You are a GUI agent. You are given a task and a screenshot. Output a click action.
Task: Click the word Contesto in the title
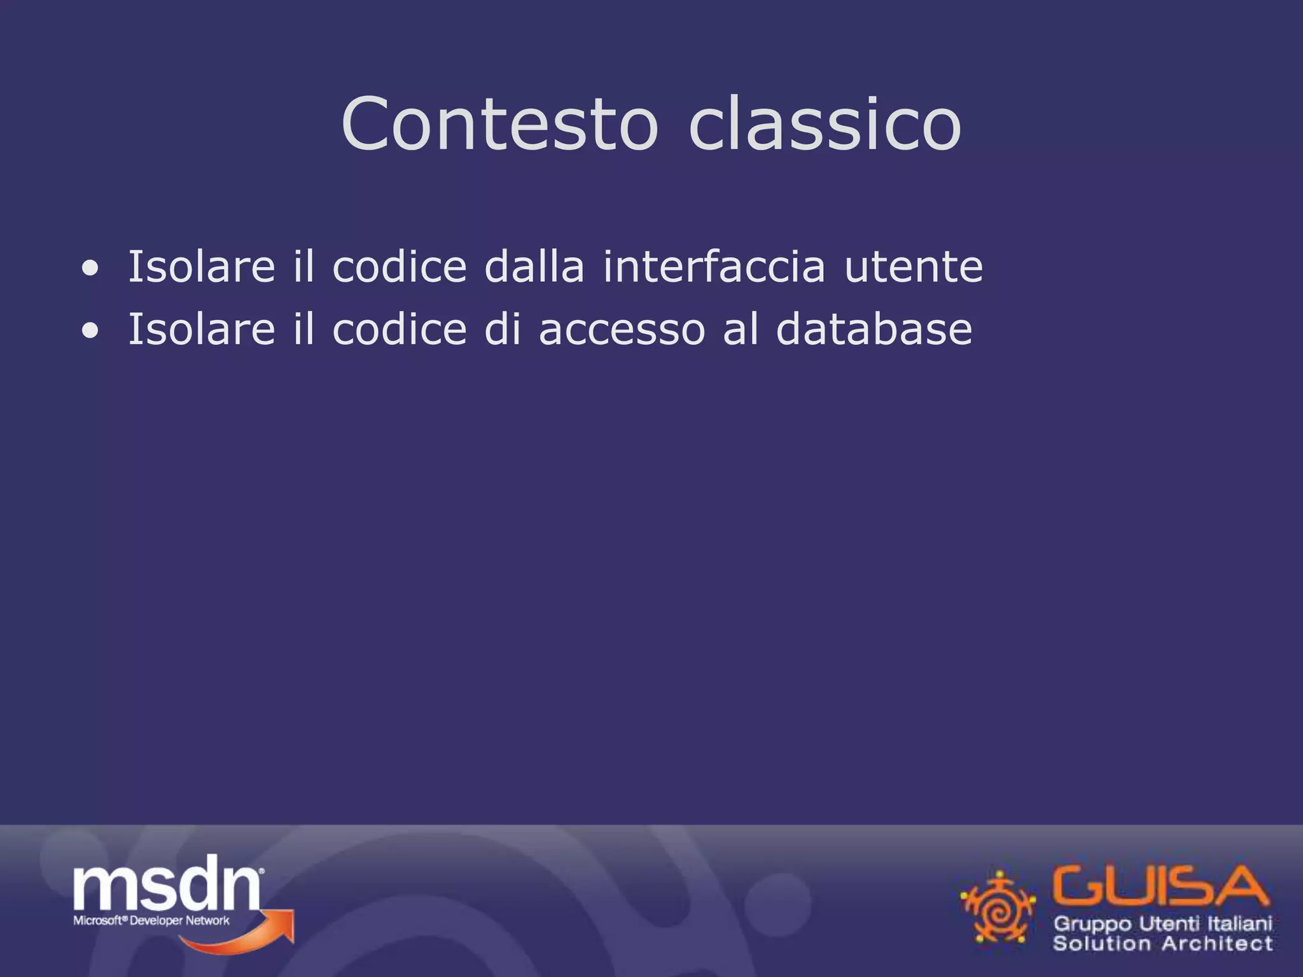pyautogui.click(x=499, y=124)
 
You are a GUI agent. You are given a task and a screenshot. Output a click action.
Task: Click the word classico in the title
pyautogui.click(x=825, y=124)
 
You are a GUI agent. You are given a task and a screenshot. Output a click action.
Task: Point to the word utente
pyautogui.click(x=913, y=267)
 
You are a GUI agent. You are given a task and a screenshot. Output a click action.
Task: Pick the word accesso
pyautogui.click(x=622, y=331)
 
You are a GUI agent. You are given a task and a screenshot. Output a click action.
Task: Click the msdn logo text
pyautogui.click(x=167, y=884)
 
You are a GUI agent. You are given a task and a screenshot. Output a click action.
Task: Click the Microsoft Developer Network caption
pyautogui.click(x=151, y=920)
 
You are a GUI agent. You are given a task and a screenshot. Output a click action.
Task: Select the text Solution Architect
pyautogui.click(x=1163, y=943)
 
